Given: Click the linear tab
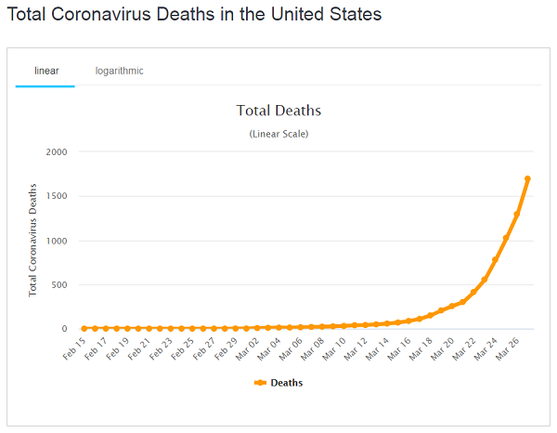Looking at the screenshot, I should coord(45,71).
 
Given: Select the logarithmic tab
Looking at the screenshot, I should coord(119,71).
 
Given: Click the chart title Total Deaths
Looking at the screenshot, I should coord(278,111).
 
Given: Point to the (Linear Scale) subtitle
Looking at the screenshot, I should coord(278,134).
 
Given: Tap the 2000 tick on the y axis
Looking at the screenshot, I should coord(56,151).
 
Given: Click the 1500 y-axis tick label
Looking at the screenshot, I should coord(56,196).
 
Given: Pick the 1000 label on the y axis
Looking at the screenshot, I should coord(56,241).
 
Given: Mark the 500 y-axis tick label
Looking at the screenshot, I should coord(58,284).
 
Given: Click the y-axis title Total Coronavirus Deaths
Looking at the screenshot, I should coord(33,240).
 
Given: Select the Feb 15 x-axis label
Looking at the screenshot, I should coord(75,348).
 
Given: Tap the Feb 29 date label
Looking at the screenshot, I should coord(227,348).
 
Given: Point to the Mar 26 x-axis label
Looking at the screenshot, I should coord(507,348).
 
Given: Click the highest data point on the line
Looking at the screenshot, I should coord(527,178).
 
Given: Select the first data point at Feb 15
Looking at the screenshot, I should coord(84,328).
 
